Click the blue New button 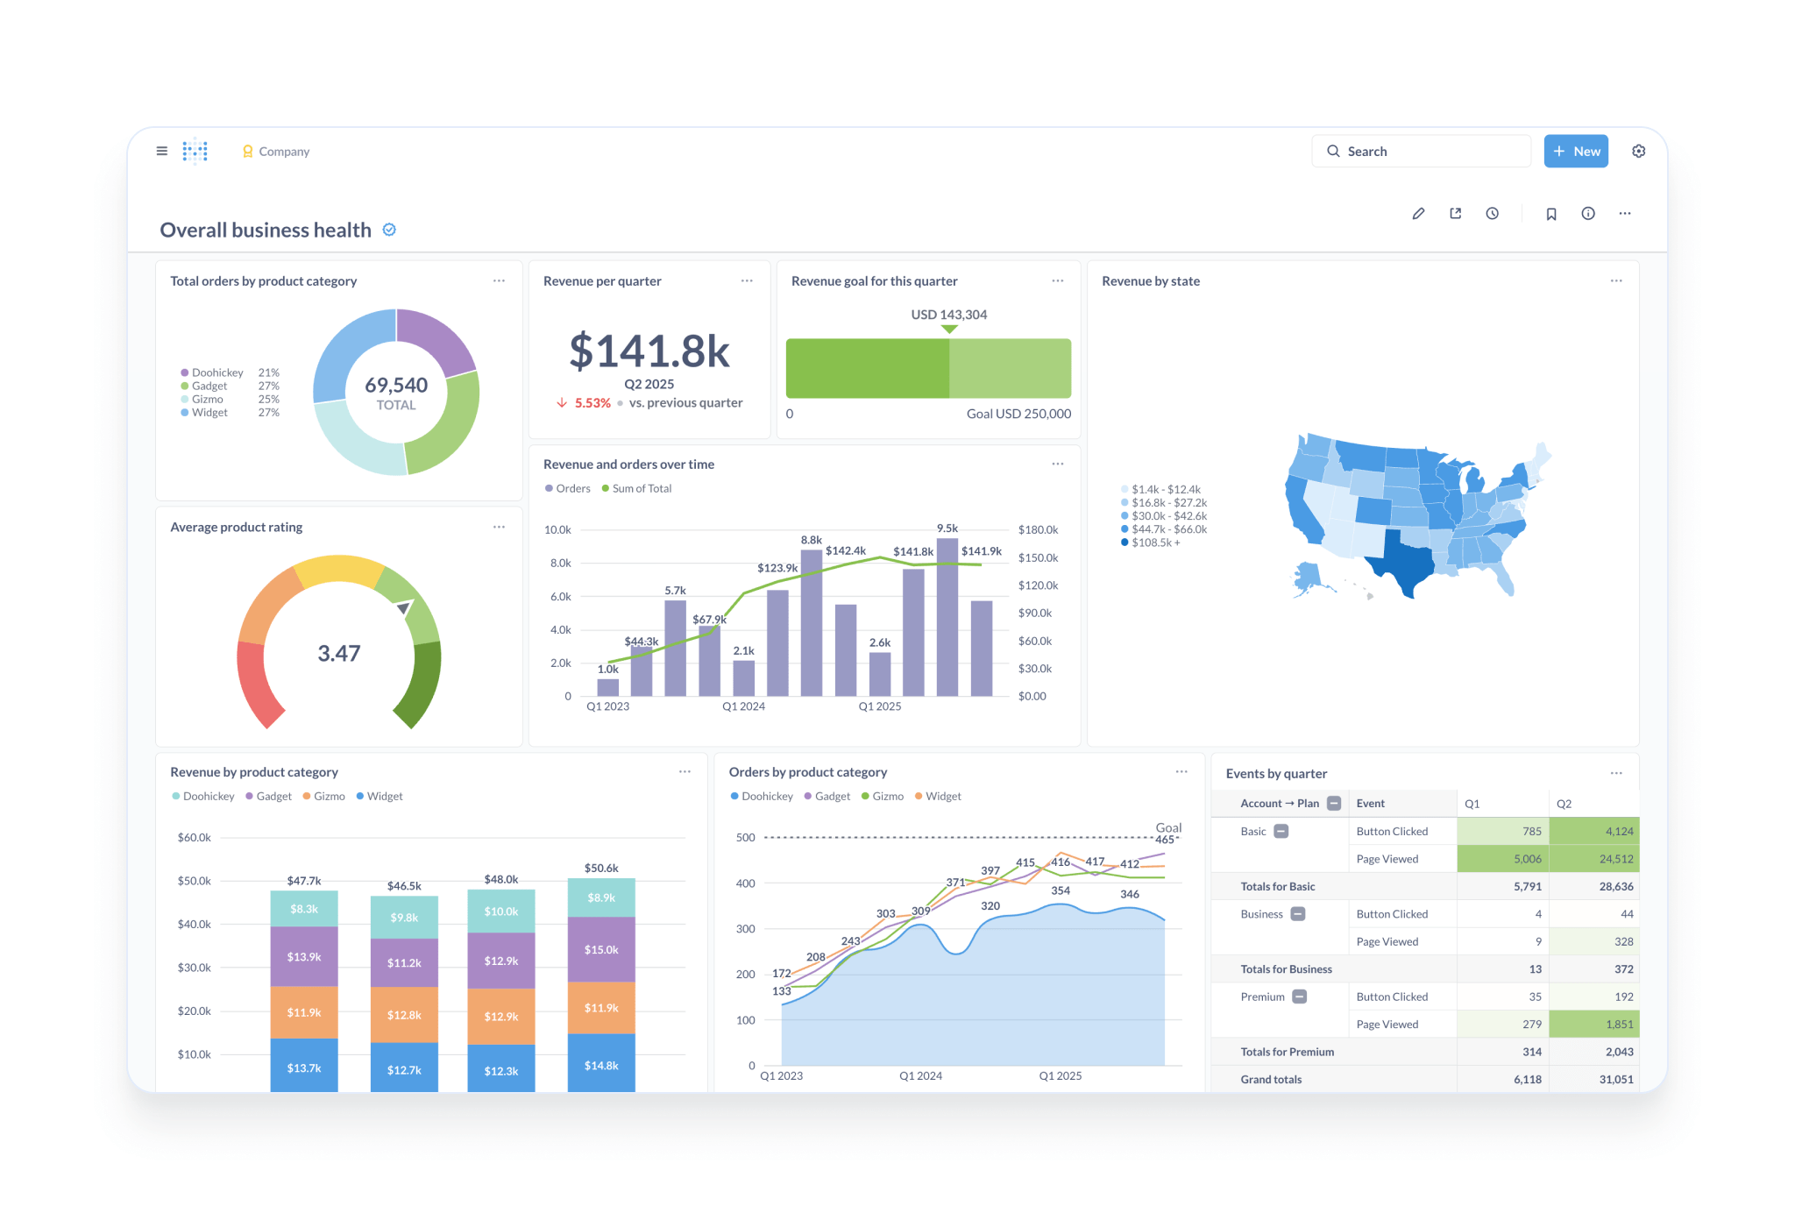point(1575,152)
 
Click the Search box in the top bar point(1420,152)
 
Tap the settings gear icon point(1638,152)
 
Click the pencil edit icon point(1418,214)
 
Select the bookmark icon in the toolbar point(1550,214)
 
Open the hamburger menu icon point(162,152)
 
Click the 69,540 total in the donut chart point(396,386)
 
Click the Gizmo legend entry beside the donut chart point(208,400)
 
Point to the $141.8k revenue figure point(649,351)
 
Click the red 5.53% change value point(592,403)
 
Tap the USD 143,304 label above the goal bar point(948,315)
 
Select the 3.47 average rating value point(339,654)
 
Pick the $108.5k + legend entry point(1154,543)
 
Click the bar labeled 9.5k point(947,617)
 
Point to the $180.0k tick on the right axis point(1038,530)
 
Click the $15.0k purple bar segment point(601,950)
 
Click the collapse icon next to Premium point(1300,997)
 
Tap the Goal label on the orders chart point(1167,828)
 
